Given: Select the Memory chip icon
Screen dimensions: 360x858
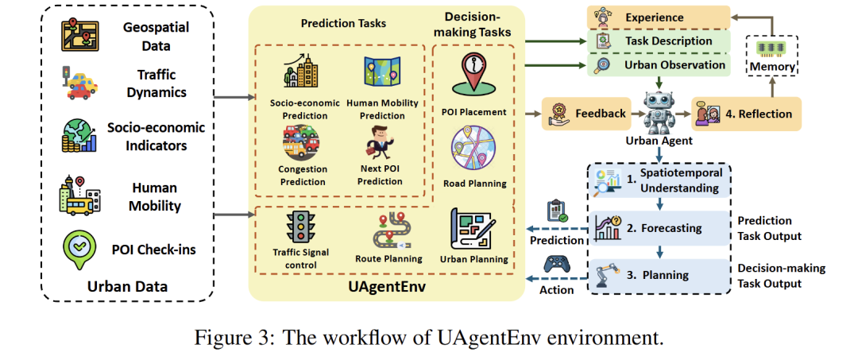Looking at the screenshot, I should pos(771,48).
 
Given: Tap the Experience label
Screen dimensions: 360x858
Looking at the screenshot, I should pos(654,17).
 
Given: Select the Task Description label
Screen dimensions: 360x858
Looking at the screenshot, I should pos(668,41).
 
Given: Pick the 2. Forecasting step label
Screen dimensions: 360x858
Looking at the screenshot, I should pos(664,228).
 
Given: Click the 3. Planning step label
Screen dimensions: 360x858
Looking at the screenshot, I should pos(658,275).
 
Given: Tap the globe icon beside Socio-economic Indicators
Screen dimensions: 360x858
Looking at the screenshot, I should pos(79,135).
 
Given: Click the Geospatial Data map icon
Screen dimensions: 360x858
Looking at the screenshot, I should pos(79,35).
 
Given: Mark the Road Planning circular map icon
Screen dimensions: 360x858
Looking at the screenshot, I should pos(473,150).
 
